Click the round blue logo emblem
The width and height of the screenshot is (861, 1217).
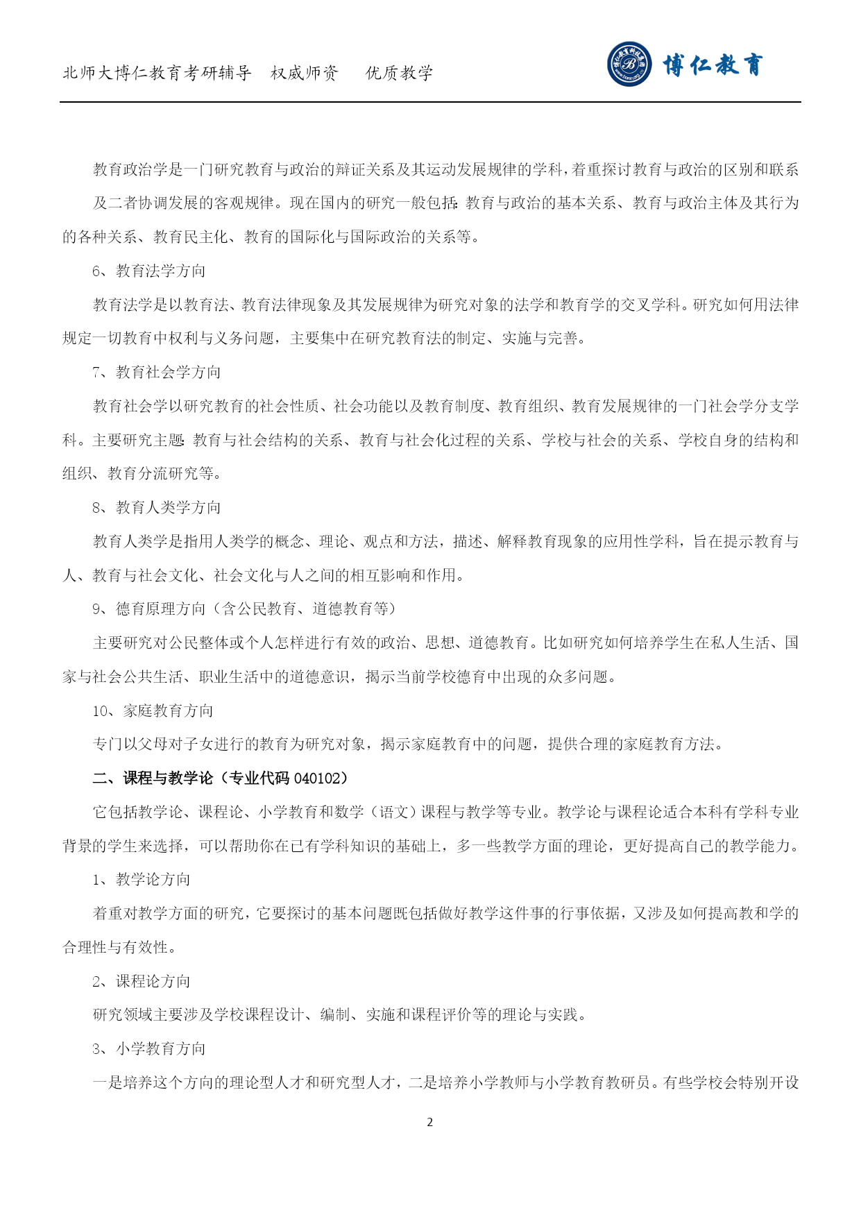(x=629, y=65)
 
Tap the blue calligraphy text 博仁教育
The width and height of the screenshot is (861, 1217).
(x=713, y=65)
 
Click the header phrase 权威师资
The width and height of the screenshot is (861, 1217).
(x=304, y=73)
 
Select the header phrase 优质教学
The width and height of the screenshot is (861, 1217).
(x=399, y=73)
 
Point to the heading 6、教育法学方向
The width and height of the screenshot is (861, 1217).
(x=148, y=271)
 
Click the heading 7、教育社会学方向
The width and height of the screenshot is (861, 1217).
(x=156, y=373)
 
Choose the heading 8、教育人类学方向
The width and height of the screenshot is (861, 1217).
(x=156, y=508)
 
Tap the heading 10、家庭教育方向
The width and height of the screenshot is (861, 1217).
(x=153, y=710)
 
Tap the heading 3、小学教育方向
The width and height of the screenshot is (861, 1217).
(x=148, y=1048)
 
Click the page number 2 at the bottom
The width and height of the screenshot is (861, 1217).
(x=430, y=1122)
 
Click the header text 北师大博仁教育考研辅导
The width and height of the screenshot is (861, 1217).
(x=157, y=73)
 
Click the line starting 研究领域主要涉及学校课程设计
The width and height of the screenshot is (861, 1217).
(x=341, y=1015)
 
